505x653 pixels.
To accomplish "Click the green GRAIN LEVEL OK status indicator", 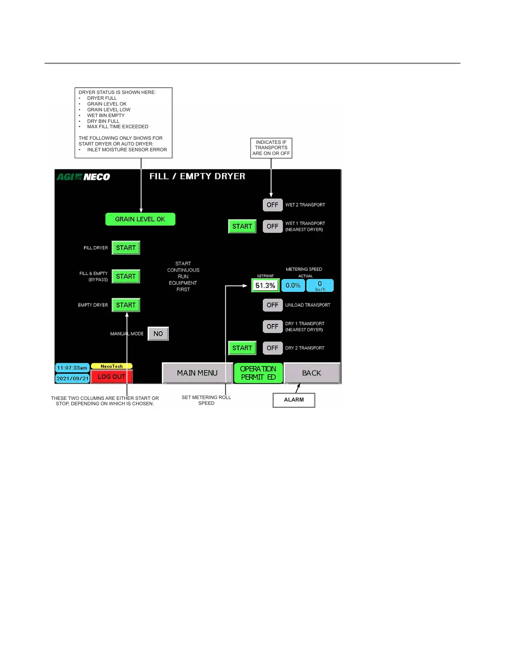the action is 140,219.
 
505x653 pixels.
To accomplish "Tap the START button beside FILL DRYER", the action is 126,248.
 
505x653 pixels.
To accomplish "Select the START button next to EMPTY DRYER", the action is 126,305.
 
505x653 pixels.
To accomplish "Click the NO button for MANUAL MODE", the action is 158,334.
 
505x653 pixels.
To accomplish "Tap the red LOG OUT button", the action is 111,376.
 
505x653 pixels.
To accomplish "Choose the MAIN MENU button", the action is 197,373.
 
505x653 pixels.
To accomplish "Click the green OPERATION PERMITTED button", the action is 258,373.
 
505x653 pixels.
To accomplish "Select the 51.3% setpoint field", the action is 265,285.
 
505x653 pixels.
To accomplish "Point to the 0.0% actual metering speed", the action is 293,285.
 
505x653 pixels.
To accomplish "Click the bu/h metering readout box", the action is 320,285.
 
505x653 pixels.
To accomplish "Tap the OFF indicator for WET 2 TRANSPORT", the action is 272,205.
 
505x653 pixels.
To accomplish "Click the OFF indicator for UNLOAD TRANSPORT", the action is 272,305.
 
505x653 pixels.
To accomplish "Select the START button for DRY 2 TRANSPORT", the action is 242,348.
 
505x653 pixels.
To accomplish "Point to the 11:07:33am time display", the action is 72,368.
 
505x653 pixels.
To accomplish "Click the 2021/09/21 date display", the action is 73,378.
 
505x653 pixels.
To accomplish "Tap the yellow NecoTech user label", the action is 111,366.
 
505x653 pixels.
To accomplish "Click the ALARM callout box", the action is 294,400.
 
